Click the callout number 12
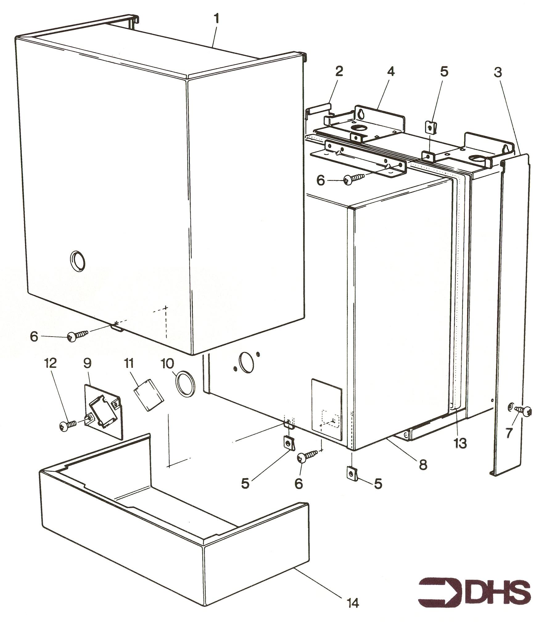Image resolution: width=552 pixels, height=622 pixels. point(51,363)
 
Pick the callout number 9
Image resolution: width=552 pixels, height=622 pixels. point(87,363)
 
